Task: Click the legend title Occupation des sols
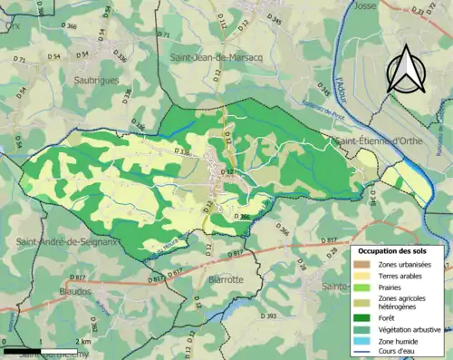tap(398, 250)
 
